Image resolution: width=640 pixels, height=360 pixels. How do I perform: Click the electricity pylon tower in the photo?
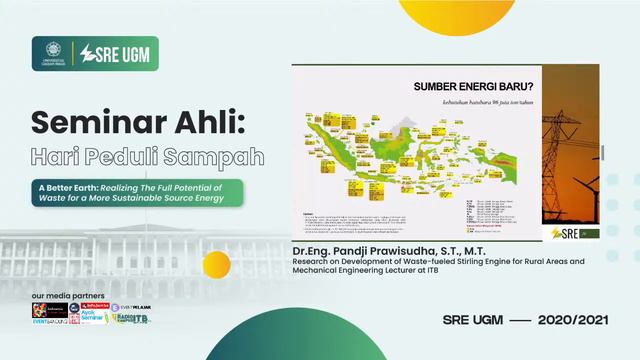tap(565, 150)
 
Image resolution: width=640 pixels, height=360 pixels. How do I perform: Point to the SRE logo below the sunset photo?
tap(565, 232)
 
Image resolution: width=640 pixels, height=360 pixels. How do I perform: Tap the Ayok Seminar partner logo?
tap(91, 317)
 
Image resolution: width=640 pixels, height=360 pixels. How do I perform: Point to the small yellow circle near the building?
tap(217, 263)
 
